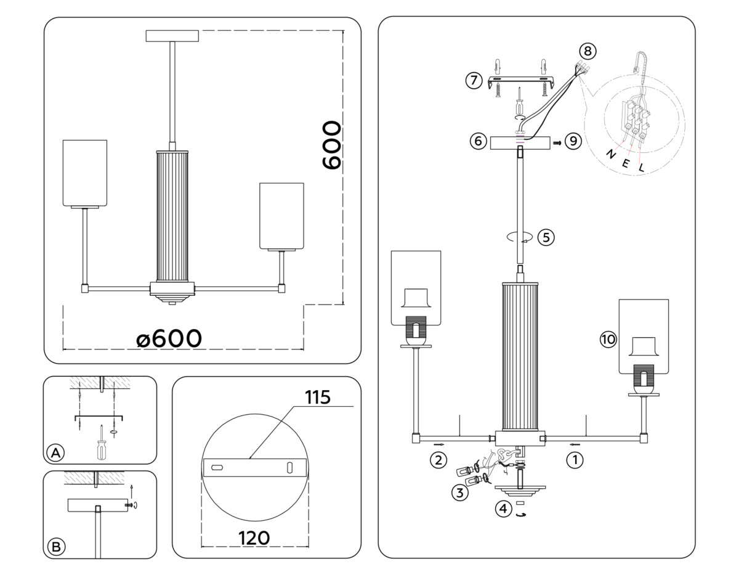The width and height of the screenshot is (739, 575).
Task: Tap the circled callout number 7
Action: (x=473, y=81)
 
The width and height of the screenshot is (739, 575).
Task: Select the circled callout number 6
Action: (x=477, y=141)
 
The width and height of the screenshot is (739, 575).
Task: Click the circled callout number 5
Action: (x=546, y=237)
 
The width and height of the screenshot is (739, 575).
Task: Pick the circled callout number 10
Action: (x=608, y=338)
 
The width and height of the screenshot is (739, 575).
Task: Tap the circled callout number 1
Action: (x=575, y=459)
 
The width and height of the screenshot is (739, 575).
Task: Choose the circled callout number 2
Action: (x=438, y=460)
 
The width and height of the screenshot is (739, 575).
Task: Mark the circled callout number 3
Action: (x=459, y=492)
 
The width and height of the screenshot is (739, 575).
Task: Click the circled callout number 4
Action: (x=504, y=509)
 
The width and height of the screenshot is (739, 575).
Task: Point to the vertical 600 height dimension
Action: (x=331, y=145)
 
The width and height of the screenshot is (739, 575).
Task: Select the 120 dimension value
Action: (x=254, y=537)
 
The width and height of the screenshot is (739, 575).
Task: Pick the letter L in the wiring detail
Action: (x=641, y=167)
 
